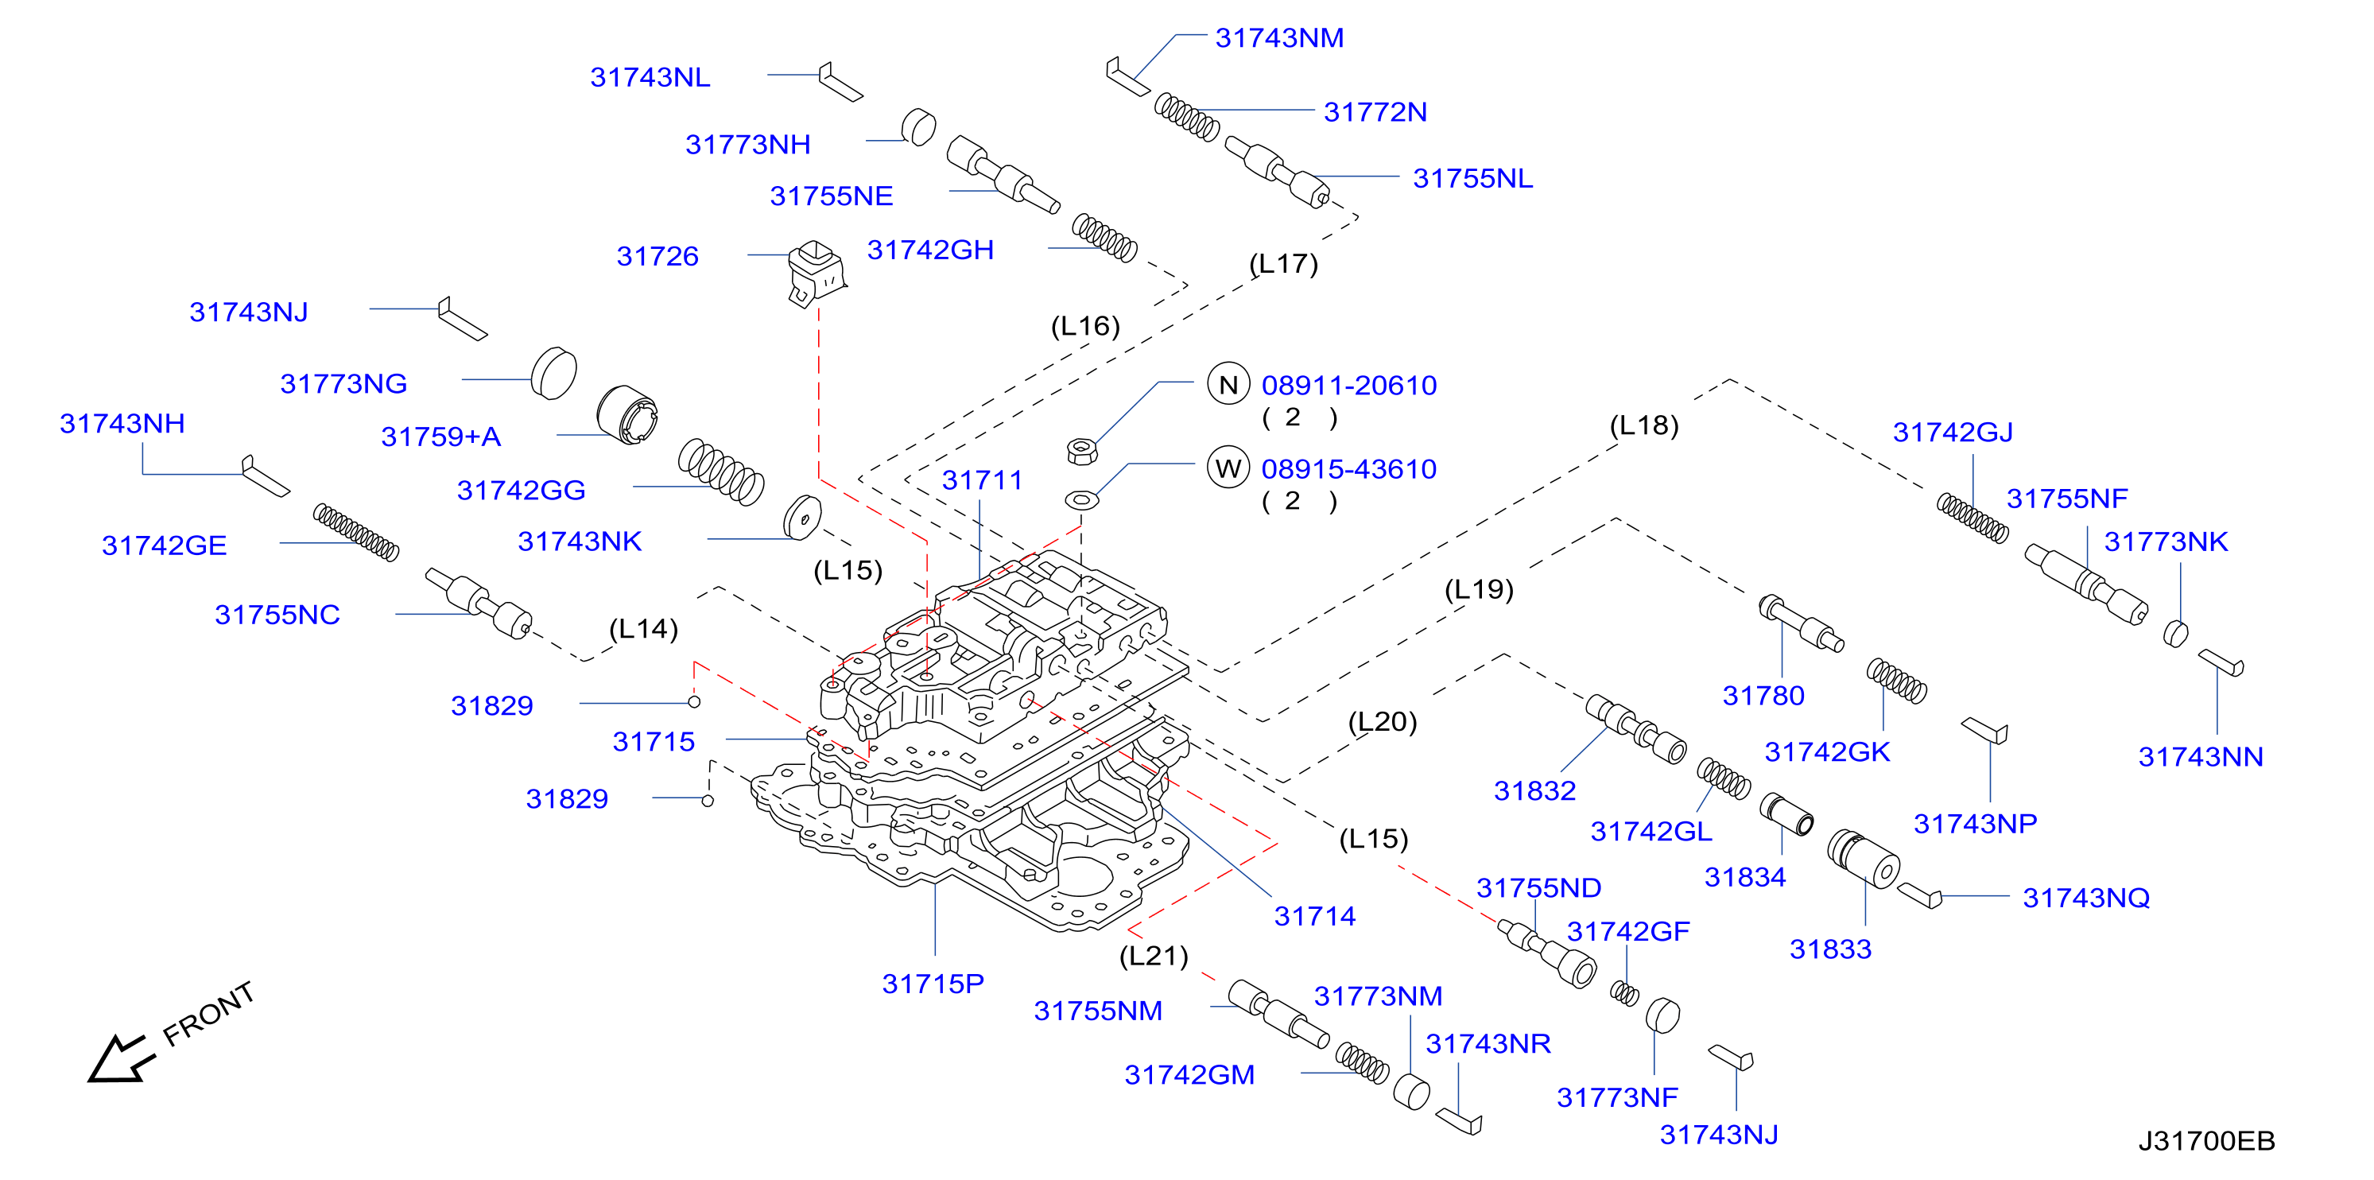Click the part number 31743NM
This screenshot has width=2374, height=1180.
tap(1279, 38)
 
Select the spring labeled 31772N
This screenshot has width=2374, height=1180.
tap(1187, 117)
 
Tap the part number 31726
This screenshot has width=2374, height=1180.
tap(657, 255)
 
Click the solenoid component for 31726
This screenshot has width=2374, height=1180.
tap(816, 273)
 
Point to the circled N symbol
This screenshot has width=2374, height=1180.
tap(1228, 384)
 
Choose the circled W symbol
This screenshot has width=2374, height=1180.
tap(1228, 468)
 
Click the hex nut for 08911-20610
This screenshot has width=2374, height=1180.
tap(1081, 451)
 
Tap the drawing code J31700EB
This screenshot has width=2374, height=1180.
tap(2206, 1141)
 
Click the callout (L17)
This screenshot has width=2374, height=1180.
tap(1284, 264)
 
